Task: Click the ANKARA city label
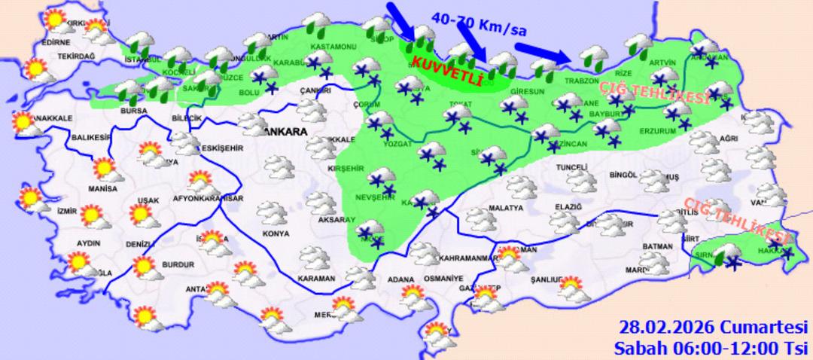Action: click(x=283, y=131)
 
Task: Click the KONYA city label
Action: click(x=276, y=233)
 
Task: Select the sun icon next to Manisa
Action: click(x=106, y=170)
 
